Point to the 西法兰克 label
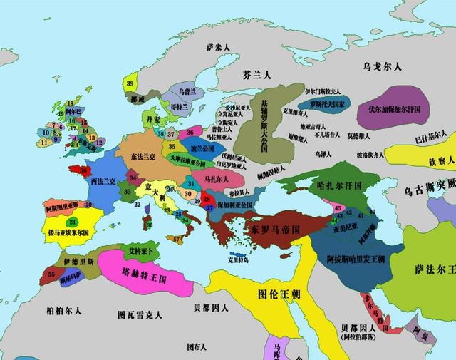[x=104, y=182]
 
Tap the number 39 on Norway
[x=130, y=84]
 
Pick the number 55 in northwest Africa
[x=51, y=274]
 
